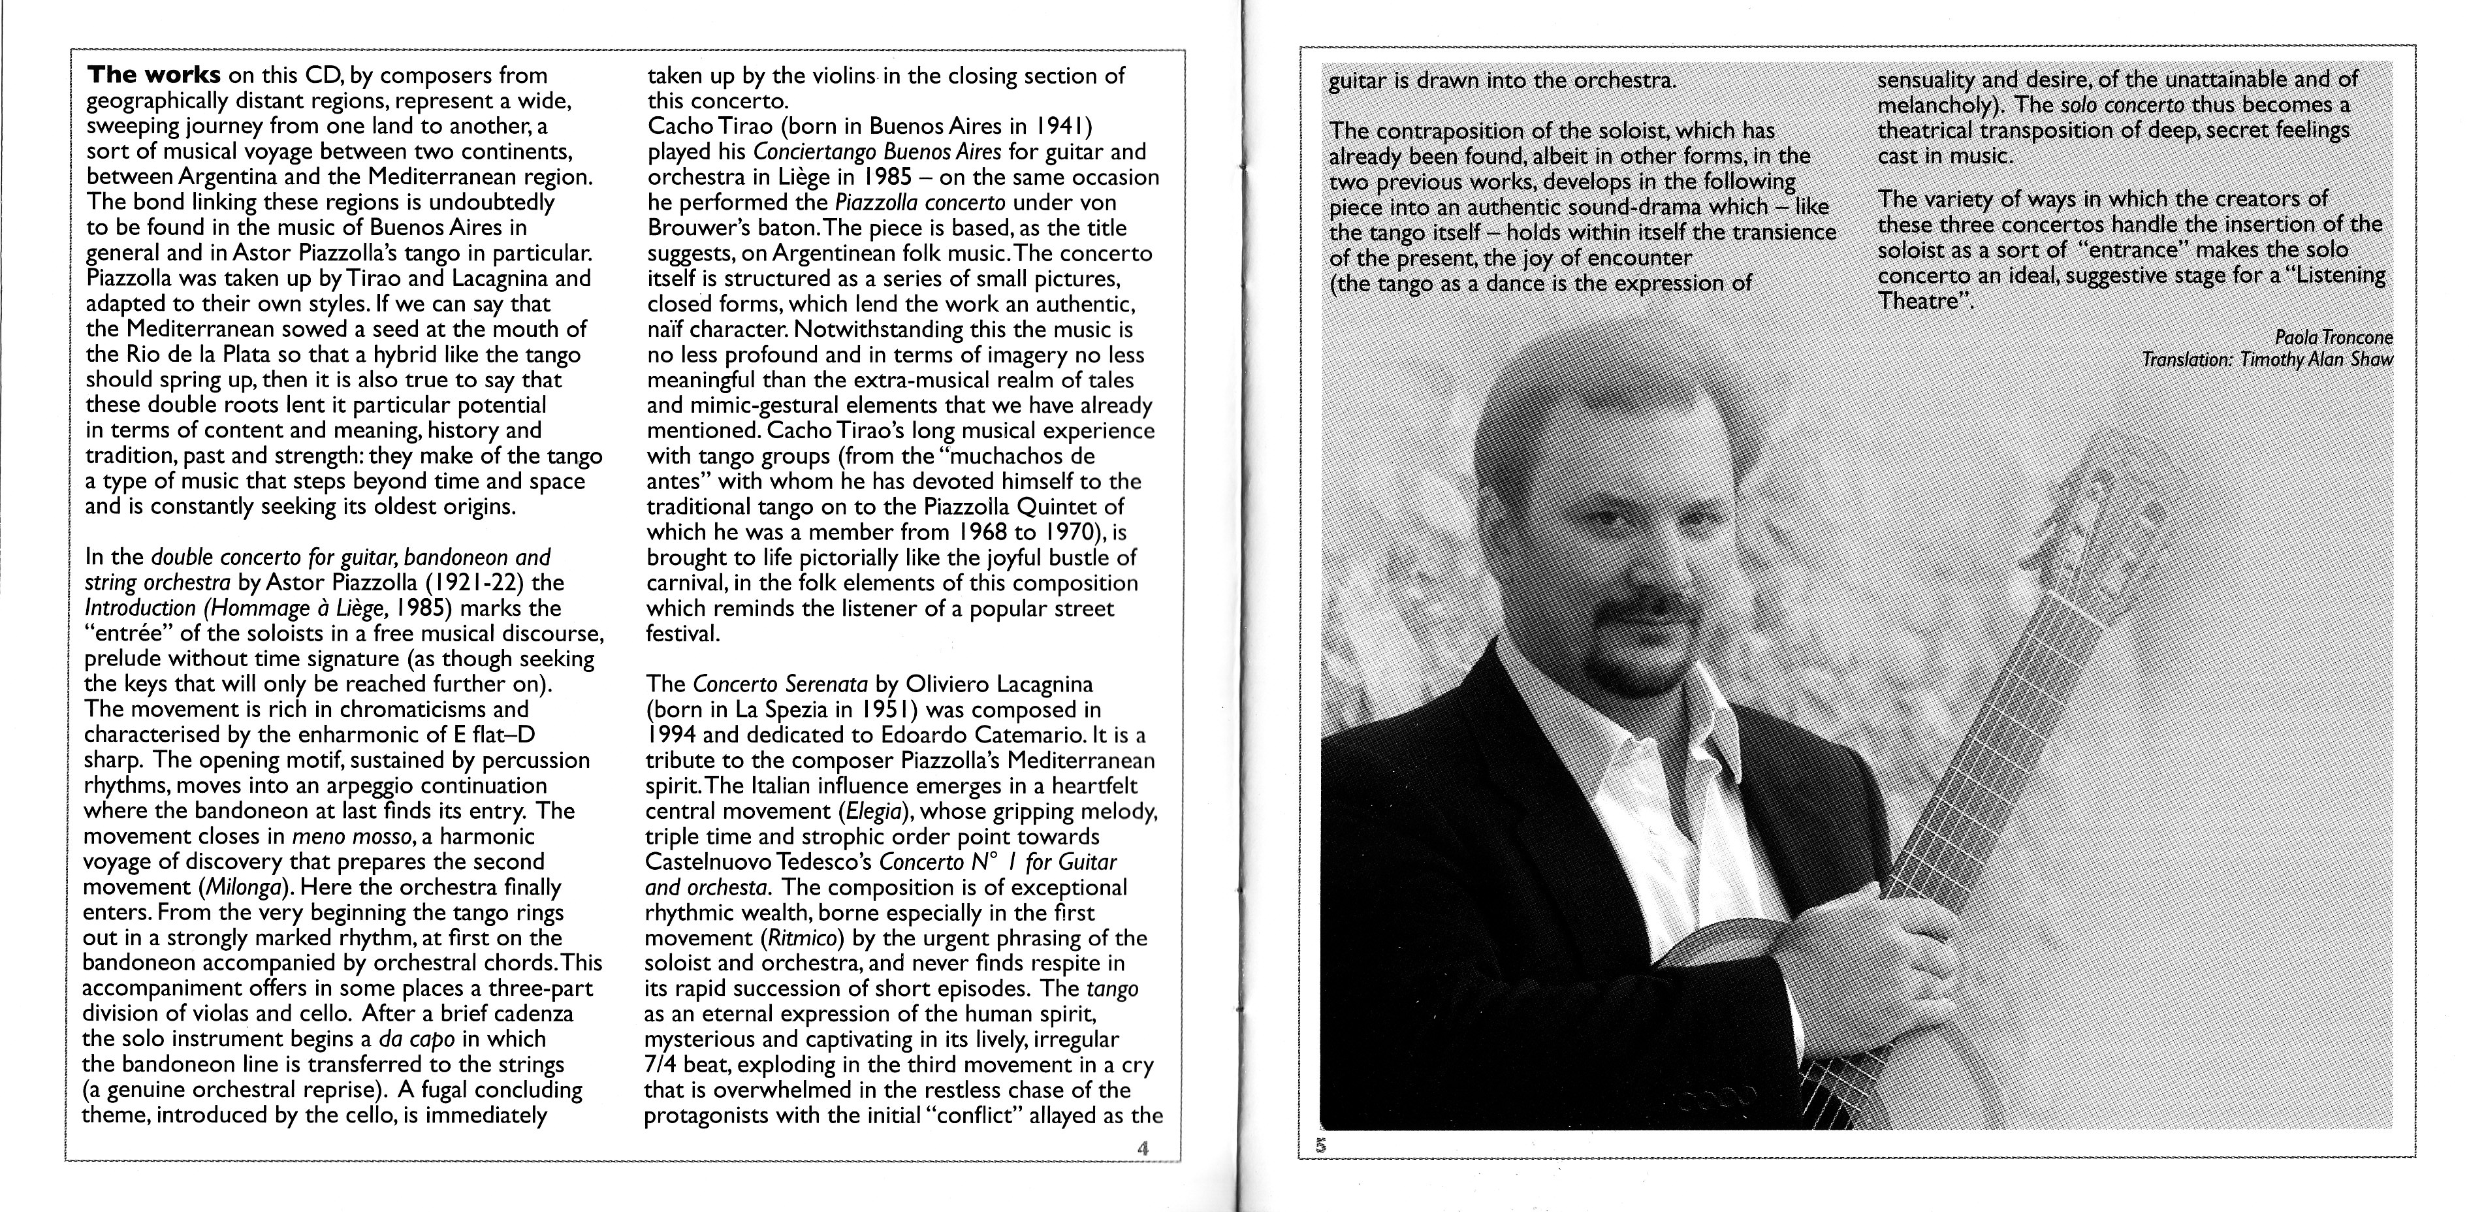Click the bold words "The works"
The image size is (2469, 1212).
[x=153, y=76]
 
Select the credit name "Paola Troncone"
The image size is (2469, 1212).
[x=2333, y=338]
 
